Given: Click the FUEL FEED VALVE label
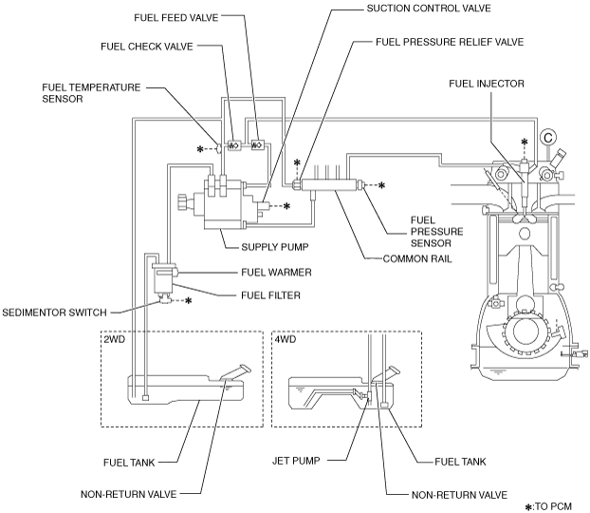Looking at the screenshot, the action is tap(176, 18).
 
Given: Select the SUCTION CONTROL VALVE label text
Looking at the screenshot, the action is tap(429, 9).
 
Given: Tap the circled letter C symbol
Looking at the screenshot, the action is tap(548, 137).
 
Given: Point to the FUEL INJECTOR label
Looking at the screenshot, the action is tap(487, 84).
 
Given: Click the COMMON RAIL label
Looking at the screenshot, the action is tap(417, 259).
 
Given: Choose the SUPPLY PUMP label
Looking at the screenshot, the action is tap(275, 247).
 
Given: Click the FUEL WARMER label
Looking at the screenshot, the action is tap(276, 272).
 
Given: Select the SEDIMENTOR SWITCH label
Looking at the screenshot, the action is tap(55, 313).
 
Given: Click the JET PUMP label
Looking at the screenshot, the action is tap(296, 461).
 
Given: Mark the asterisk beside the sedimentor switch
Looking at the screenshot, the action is tap(188, 301).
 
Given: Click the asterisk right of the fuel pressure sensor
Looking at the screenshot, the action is tap(381, 185).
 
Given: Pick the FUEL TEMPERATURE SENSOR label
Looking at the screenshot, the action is tap(91, 93).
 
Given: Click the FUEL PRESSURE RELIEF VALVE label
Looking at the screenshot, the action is tap(450, 42).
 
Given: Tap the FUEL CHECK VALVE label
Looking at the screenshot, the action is tap(147, 47).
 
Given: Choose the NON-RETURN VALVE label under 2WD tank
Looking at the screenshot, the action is tap(129, 494).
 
